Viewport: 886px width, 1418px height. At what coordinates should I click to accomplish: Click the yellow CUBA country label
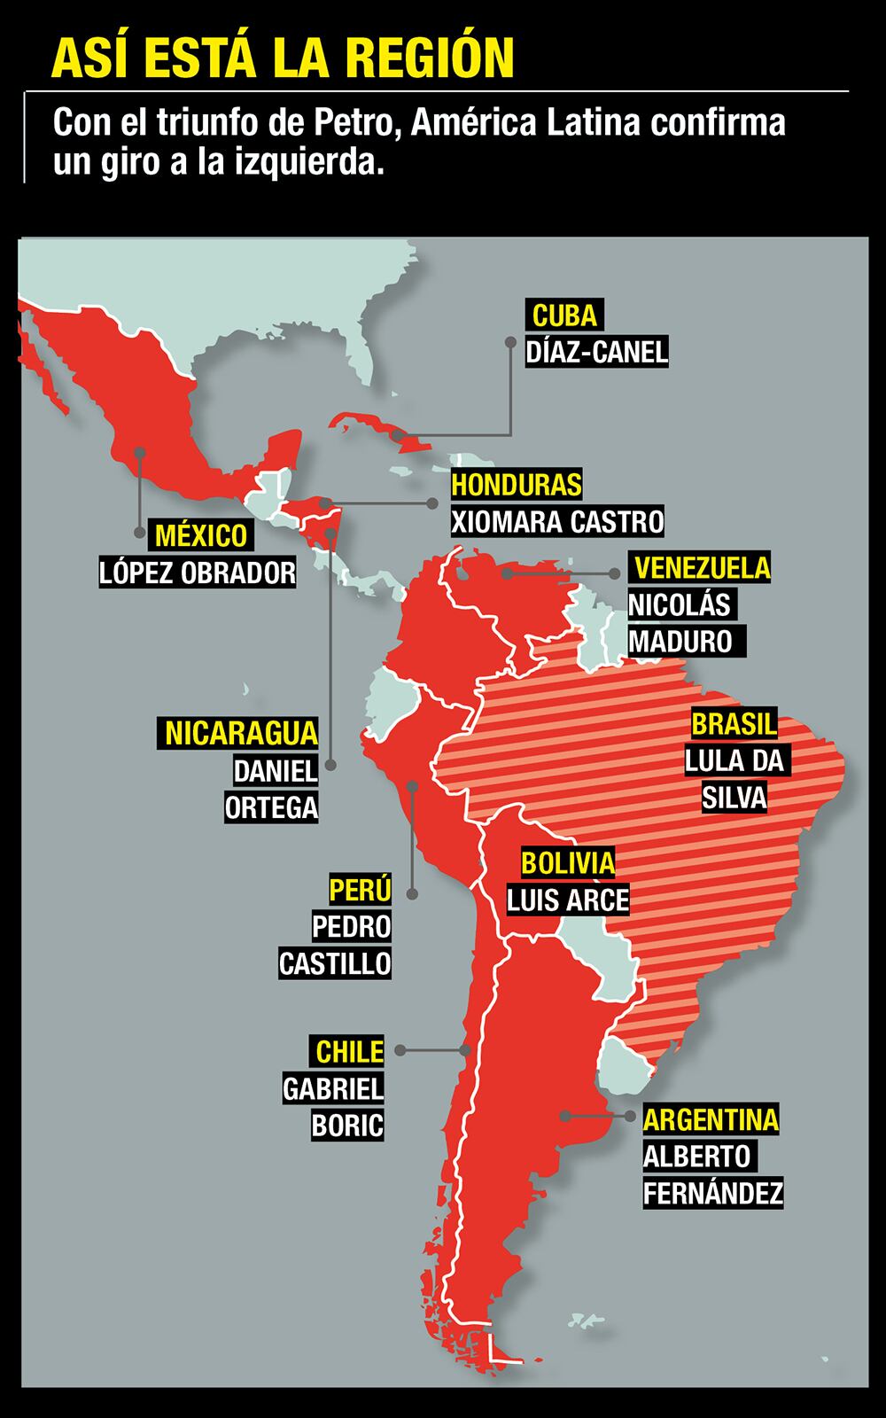564,316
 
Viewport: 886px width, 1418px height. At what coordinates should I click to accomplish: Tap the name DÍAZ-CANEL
596,352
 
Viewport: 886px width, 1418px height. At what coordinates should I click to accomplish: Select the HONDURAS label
517,485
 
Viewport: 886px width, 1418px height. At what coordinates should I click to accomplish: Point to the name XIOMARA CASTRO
557,521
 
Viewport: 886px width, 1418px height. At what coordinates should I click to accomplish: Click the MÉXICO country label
201,535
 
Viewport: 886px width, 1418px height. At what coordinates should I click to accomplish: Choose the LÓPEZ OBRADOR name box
198,573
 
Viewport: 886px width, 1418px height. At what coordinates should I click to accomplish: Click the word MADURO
680,641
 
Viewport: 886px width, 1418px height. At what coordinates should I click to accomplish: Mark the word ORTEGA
271,807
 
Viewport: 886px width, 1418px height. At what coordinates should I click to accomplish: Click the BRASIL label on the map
734,723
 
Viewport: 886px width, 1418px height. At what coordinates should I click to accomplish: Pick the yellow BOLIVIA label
567,862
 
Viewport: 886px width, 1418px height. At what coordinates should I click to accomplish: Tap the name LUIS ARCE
567,900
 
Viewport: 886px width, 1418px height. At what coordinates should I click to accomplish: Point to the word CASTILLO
335,962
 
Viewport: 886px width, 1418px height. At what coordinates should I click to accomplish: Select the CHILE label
350,1051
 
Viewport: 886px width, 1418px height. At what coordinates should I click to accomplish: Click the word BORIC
347,1126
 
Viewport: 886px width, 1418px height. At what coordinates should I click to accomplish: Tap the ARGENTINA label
711,1119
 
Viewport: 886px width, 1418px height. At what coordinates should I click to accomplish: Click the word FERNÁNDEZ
713,1193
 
